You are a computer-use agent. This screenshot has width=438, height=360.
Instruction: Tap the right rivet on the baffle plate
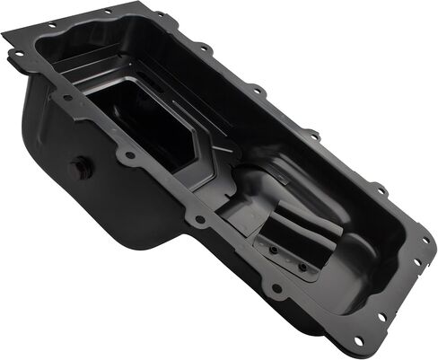[x=302, y=267]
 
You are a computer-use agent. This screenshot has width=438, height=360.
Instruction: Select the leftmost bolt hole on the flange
[x=17, y=54]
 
